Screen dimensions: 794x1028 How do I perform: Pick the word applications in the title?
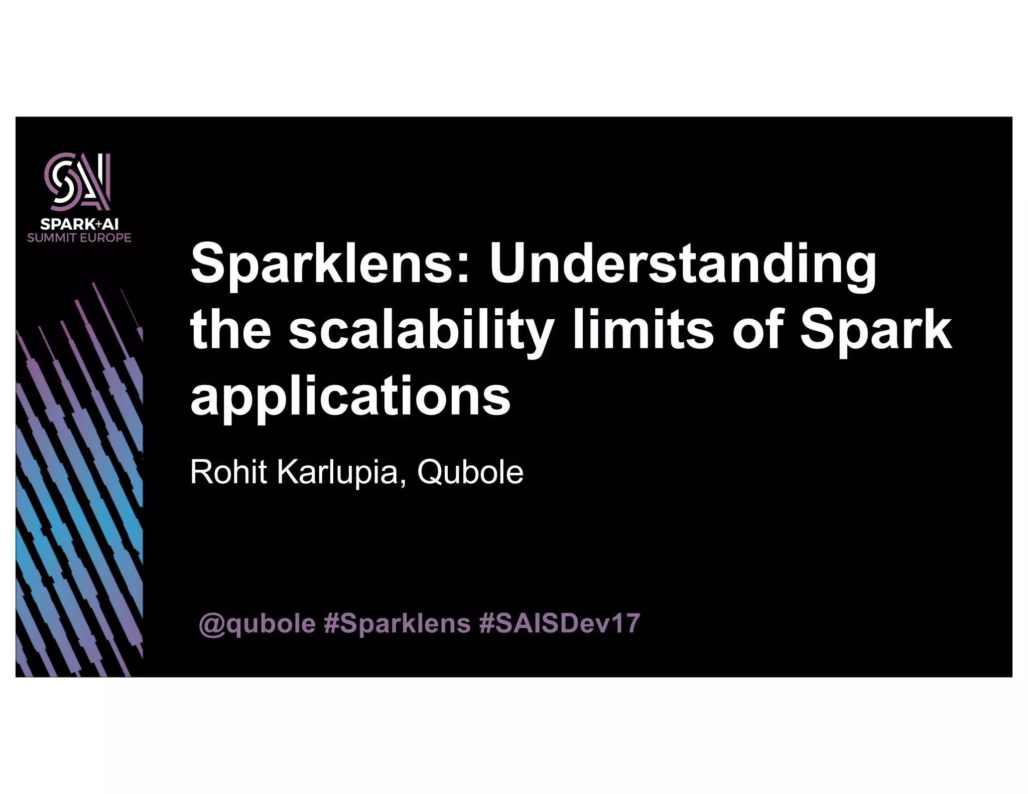click(x=350, y=396)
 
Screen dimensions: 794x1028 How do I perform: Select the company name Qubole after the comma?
click(x=470, y=473)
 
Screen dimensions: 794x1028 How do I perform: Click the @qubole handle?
click(x=258, y=624)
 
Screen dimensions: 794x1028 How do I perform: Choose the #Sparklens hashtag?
click(x=398, y=624)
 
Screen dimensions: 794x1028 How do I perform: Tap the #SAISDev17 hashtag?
click(x=560, y=623)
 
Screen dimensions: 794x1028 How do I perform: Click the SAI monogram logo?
click(x=78, y=182)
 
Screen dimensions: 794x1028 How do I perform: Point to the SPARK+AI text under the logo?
click(x=79, y=224)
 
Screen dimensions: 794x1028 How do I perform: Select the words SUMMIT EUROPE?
click(x=79, y=237)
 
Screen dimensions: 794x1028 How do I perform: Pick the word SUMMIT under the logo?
click(x=52, y=237)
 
